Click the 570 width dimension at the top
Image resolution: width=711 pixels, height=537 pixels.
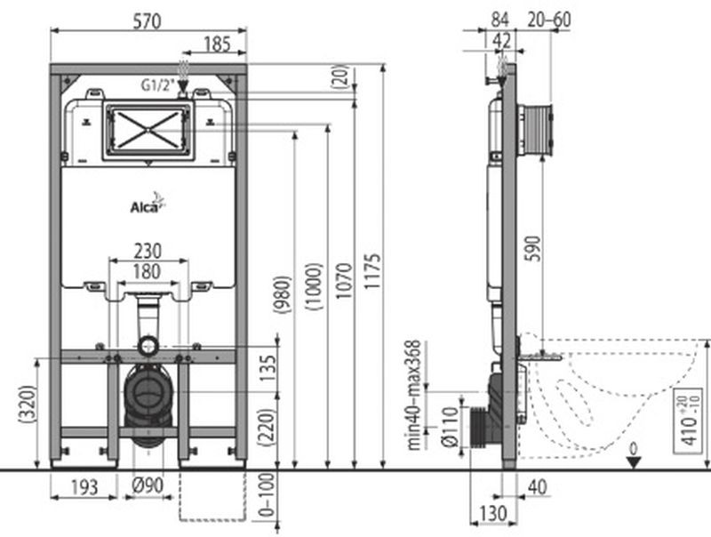148,20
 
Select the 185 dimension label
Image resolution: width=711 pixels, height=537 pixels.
217,44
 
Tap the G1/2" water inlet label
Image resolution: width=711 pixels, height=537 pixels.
158,84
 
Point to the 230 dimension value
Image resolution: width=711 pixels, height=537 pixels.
148,251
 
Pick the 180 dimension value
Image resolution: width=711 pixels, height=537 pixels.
147,272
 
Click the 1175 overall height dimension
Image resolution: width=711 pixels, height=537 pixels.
372,272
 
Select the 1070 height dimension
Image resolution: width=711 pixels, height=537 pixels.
344,281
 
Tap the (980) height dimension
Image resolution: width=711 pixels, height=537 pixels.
282,294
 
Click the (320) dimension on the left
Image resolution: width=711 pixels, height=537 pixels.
28,405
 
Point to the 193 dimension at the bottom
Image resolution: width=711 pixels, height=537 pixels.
84,487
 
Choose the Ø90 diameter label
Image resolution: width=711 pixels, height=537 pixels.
148,485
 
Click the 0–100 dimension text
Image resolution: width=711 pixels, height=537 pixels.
268,494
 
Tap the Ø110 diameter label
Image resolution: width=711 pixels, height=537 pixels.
451,428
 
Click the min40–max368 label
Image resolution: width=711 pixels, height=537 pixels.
413,395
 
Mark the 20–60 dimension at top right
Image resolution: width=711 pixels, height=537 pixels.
549,20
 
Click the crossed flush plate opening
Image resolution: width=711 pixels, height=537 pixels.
148,130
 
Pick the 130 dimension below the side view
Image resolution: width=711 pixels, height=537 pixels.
492,513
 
